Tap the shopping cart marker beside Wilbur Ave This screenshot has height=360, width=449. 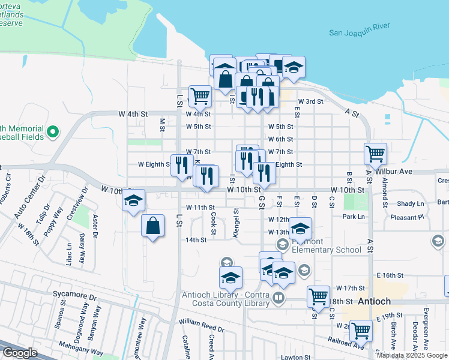(x=375, y=154)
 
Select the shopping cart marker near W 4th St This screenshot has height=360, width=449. (x=199, y=95)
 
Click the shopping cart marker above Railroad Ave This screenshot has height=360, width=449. (x=361, y=330)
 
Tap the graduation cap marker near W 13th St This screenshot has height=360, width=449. (x=300, y=228)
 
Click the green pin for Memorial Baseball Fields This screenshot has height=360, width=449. (x=52, y=130)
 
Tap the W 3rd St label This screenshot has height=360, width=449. (x=311, y=102)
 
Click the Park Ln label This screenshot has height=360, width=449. (x=354, y=217)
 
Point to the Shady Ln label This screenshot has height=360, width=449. (x=411, y=204)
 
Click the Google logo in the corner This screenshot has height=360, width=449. (x=20, y=353)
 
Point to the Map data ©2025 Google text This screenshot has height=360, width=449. (x=411, y=355)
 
